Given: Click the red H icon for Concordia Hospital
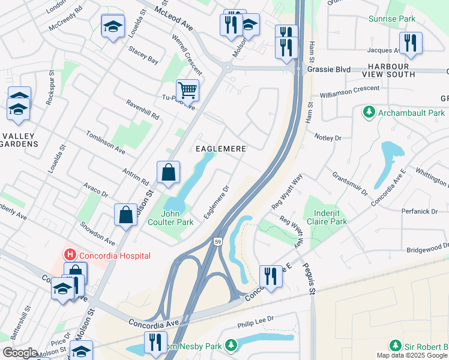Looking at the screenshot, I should [x=70, y=256].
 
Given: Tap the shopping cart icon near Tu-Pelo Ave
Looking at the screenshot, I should [x=187, y=90].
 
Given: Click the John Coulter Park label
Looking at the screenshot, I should [x=178, y=217].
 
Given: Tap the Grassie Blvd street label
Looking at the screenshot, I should [x=328, y=70].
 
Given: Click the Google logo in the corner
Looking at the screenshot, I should [x=20, y=353].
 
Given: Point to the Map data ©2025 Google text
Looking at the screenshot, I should [x=412, y=355].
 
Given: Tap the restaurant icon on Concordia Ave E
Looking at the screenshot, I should [x=270, y=276].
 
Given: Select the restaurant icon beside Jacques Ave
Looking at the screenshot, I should [x=411, y=42].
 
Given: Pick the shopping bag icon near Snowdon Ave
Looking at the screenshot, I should [x=125, y=214].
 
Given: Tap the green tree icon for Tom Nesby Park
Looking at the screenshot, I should [x=231, y=345].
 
